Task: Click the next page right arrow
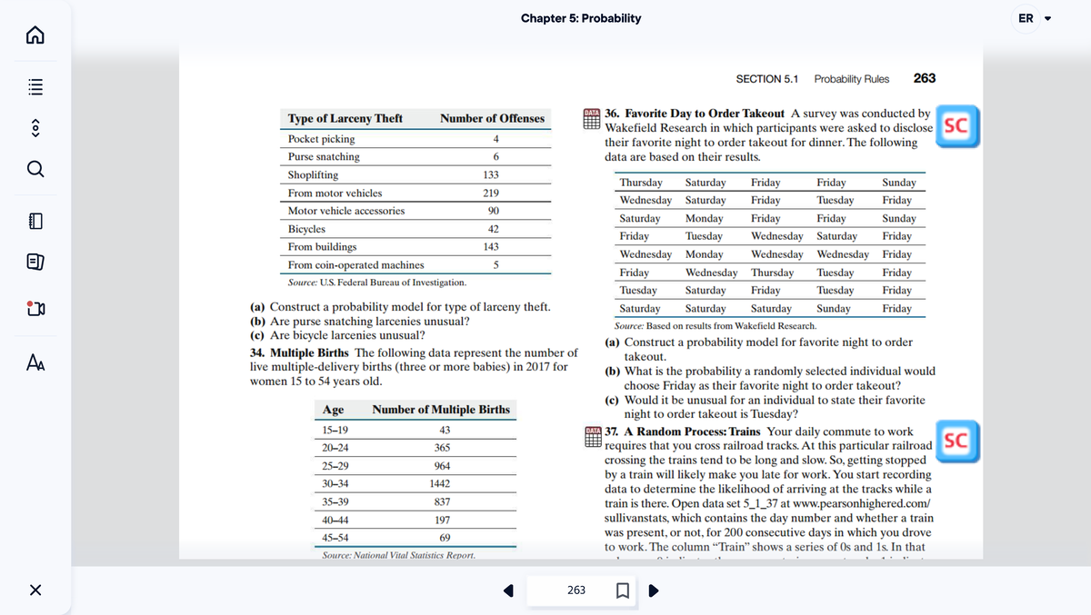coord(653,591)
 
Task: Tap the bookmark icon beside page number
coord(623,591)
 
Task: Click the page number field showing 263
coord(576,590)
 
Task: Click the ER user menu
coord(1033,18)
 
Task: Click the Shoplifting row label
coord(313,174)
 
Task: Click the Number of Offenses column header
coord(492,118)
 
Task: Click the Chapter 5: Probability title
coord(580,18)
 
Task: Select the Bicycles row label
coord(306,229)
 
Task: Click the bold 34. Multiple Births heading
coord(300,352)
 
